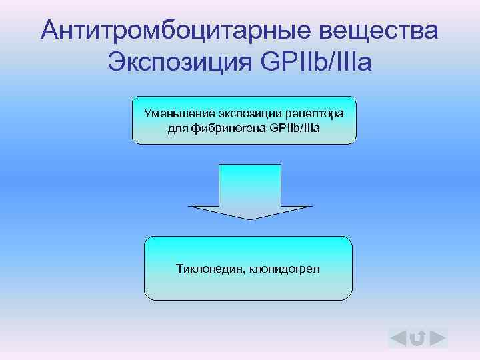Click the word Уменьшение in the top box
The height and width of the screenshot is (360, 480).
pos(175,113)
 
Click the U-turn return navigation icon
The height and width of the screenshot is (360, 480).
pos(417,339)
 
